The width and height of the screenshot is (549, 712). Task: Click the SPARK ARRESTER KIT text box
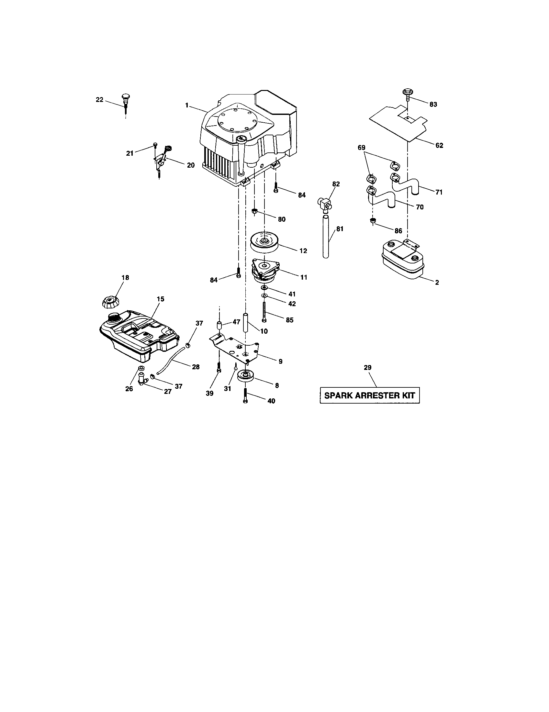pos(369,395)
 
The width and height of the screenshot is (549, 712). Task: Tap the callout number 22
pos(99,100)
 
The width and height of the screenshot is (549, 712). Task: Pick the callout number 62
pos(439,145)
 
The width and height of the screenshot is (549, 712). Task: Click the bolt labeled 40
pos(245,396)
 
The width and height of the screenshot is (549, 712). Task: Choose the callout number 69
pos(361,148)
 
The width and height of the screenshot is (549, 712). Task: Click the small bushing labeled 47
pos(219,325)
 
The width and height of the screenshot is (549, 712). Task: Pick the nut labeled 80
pos(255,212)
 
